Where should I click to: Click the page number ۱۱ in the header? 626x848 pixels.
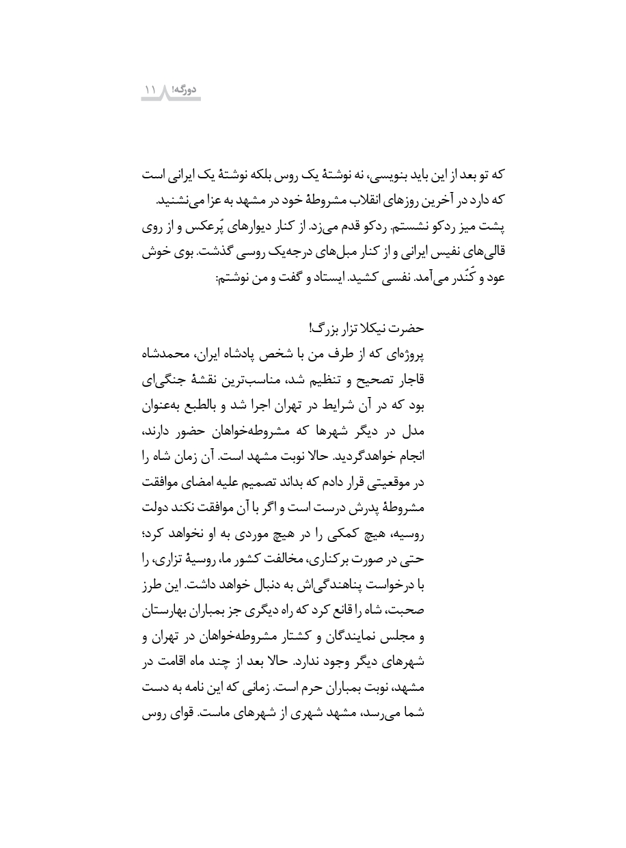tap(150, 90)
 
